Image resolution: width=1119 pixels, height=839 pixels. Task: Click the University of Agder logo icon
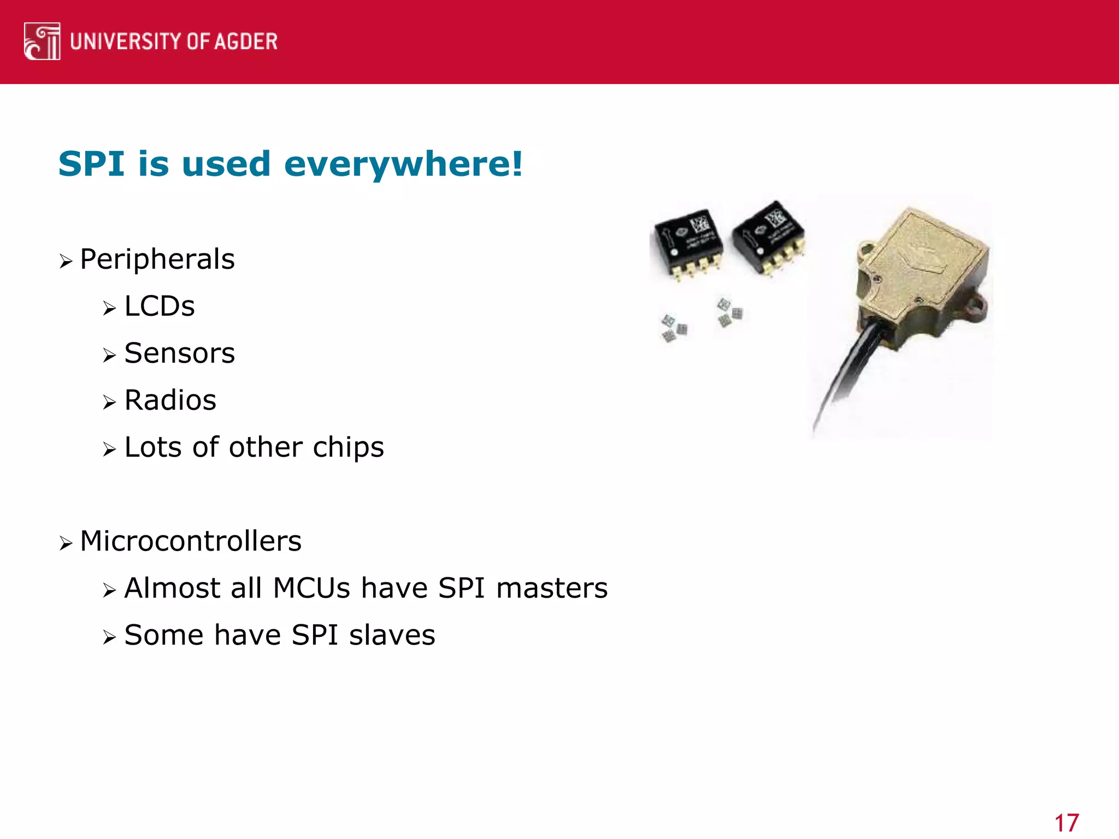(x=42, y=42)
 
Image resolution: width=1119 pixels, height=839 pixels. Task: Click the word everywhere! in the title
(x=403, y=164)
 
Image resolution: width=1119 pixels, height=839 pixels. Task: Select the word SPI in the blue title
(x=91, y=164)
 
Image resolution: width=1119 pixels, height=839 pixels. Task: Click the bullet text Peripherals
(x=157, y=259)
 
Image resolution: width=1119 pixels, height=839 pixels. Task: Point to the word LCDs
(x=160, y=306)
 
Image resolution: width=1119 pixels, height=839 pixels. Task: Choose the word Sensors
(x=180, y=353)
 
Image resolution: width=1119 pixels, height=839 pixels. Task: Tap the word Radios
(x=170, y=400)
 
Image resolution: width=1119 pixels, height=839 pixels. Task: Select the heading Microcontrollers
(x=191, y=541)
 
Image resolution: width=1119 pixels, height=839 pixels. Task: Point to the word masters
(x=552, y=588)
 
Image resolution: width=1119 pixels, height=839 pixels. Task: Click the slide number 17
(x=1066, y=823)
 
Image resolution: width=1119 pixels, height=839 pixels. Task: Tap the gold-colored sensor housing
(x=923, y=273)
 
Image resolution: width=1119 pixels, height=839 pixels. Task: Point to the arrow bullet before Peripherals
(x=66, y=262)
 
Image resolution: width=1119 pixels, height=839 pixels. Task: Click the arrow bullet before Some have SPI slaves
(x=109, y=637)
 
